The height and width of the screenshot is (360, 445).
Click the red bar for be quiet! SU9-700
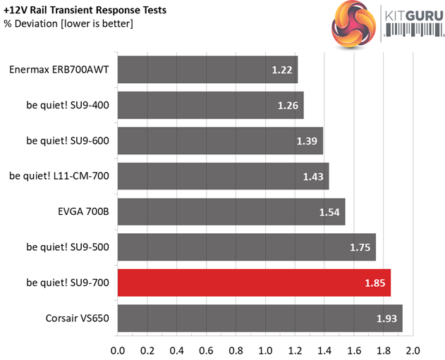pyautogui.click(x=254, y=283)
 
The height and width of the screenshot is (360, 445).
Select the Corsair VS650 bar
pyautogui.click(x=260, y=318)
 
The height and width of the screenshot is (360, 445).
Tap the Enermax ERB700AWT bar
pyautogui.click(x=207, y=70)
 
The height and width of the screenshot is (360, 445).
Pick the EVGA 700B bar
pyautogui.click(x=231, y=212)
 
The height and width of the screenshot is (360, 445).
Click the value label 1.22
pyautogui.click(x=282, y=70)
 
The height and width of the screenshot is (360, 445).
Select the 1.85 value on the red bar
pyautogui.click(x=375, y=283)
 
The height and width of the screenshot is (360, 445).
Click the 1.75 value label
pyautogui.click(x=360, y=247)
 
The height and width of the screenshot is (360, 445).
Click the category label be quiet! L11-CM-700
pyautogui.click(x=59, y=176)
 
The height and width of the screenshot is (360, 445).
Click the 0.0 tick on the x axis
pyautogui.click(x=118, y=349)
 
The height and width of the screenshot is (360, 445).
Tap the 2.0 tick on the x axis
pyautogui.click(x=413, y=349)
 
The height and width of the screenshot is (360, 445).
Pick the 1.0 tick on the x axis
pyautogui.click(x=265, y=349)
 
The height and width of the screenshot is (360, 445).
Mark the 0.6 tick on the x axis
pyautogui.click(x=206, y=349)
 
